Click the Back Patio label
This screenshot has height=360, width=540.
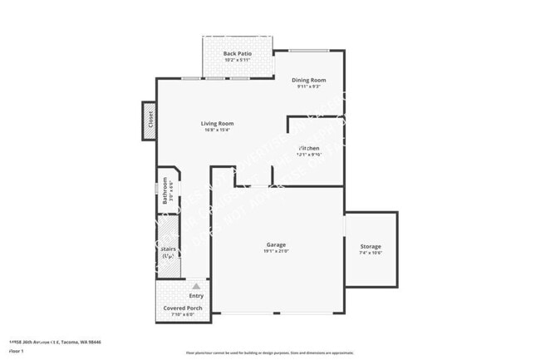point(238,53)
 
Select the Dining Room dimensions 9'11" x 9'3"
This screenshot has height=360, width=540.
point(308,87)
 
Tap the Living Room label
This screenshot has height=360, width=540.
point(217,123)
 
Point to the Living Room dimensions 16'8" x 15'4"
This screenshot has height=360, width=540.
point(217,130)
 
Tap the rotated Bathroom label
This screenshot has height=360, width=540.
point(165,190)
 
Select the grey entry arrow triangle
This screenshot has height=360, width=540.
point(196,285)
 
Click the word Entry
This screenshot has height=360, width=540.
point(196,296)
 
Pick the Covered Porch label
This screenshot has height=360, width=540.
point(182,308)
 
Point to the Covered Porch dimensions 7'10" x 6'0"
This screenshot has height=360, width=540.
point(182,314)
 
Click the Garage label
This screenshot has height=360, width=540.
point(276,244)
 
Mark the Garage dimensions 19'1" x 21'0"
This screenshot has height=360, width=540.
point(276,251)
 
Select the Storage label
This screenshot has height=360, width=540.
point(371,247)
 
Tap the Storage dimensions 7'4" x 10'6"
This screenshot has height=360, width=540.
point(371,254)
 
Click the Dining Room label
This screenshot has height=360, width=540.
point(308,81)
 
